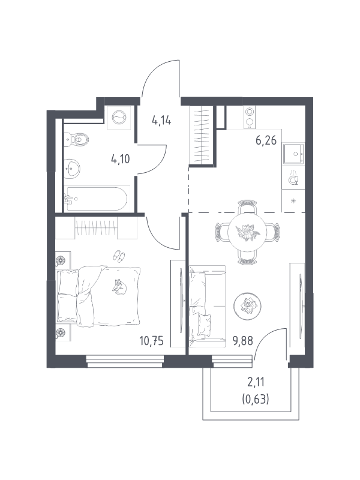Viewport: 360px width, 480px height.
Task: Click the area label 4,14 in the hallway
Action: [x=161, y=120]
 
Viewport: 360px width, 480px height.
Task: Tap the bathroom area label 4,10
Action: [x=121, y=159]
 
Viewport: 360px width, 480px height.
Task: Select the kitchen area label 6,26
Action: [x=266, y=140]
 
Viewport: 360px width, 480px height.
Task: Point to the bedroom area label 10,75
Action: [x=152, y=340]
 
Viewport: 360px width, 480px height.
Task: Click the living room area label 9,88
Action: [x=243, y=340]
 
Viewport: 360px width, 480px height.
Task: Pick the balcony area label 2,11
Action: [x=256, y=382]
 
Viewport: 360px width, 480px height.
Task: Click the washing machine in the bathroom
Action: [x=119, y=117]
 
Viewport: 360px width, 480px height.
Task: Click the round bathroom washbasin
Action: [x=72, y=169]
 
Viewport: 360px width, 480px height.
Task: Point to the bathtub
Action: [x=96, y=199]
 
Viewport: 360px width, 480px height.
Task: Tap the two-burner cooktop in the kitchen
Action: [x=250, y=117]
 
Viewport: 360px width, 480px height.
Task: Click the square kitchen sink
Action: [x=293, y=154]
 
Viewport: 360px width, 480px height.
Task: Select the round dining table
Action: [x=247, y=232]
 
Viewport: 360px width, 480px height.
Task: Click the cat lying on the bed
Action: [x=119, y=288]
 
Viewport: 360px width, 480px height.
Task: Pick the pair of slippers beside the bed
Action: [x=118, y=256]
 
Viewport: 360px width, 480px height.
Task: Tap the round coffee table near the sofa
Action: [x=247, y=306]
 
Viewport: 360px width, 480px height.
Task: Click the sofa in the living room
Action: [x=207, y=306]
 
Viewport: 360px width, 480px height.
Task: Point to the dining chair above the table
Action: [x=247, y=207]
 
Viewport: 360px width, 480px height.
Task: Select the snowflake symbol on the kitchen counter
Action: [x=293, y=201]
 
